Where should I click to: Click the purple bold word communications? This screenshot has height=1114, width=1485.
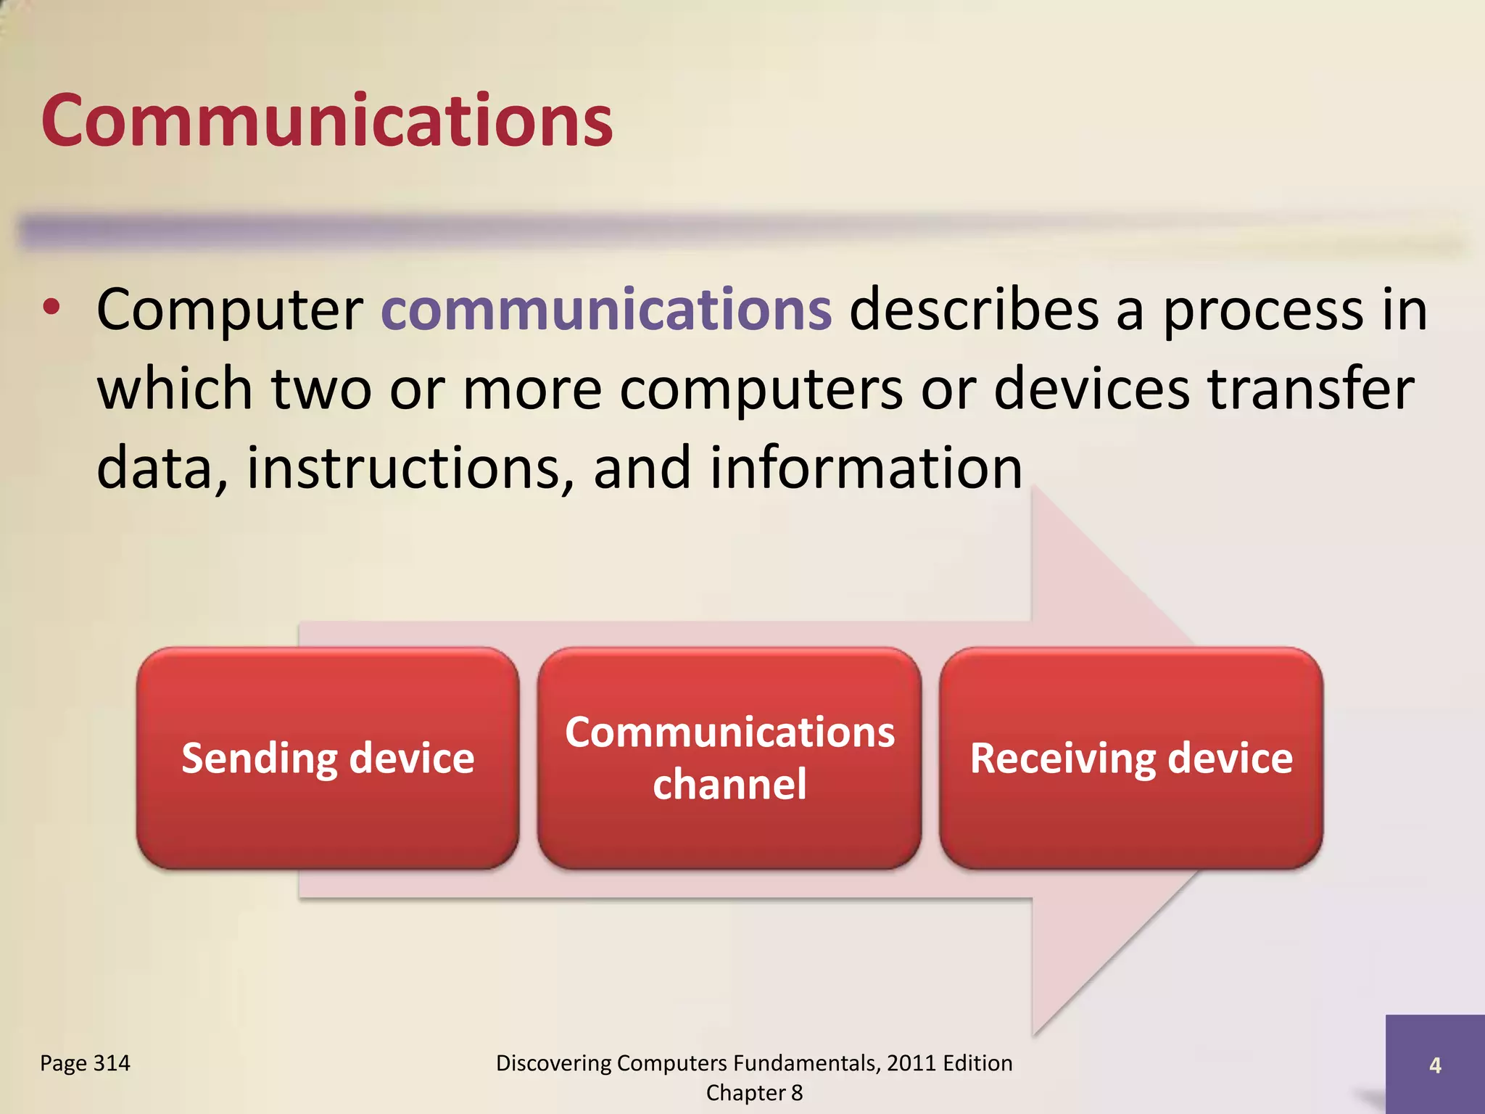click(606, 310)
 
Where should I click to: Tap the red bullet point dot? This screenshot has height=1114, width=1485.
click(51, 308)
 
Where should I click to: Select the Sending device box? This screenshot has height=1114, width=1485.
click(328, 759)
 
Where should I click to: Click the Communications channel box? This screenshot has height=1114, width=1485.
click(729, 759)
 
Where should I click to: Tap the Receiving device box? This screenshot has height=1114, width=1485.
click(1131, 759)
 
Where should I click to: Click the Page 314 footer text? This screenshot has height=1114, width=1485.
click(85, 1063)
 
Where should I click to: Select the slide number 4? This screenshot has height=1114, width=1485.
click(1434, 1065)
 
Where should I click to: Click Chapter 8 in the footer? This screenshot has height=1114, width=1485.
click(754, 1093)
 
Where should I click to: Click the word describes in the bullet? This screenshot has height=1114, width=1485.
click(974, 310)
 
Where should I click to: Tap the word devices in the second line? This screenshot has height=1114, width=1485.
click(1091, 389)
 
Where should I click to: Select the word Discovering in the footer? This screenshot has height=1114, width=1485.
click(553, 1063)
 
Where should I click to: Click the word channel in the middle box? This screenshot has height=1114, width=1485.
click(729, 785)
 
